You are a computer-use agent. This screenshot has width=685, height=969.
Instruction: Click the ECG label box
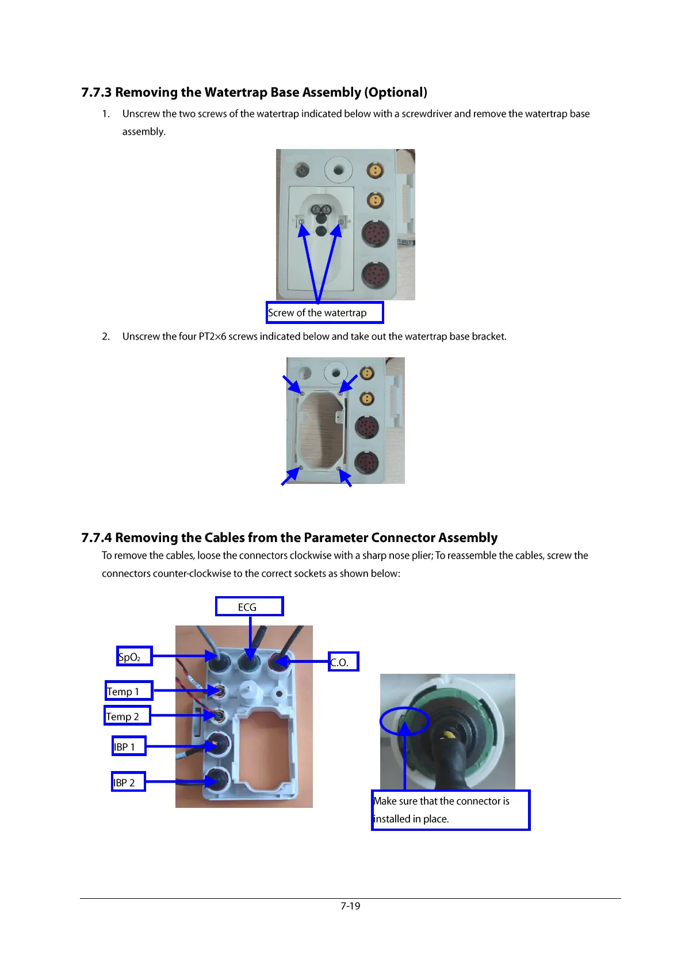pyautogui.click(x=249, y=606)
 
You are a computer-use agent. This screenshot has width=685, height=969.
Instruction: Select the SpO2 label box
pyautogui.click(x=134, y=656)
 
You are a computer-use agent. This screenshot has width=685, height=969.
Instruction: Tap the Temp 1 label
pyautogui.click(x=129, y=690)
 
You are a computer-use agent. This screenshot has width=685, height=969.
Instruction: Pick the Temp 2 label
pyautogui.click(x=127, y=715)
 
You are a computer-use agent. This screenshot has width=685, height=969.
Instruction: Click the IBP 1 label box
pyautogui.click(x=129, y=746)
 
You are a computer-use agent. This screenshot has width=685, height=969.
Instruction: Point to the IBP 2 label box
pyautogui.click(x=128, y=782)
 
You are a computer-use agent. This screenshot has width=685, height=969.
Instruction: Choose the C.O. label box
pyautogui.click(x=343, y=662)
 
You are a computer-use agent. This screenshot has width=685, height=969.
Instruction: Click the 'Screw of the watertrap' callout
pyautogui.click(x=324, y=312)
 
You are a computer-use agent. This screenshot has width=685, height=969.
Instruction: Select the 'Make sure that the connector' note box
pyautogui.click(x=450, y=810)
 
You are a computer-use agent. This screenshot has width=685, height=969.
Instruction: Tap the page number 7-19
pyautogui.click(x=350, y=906)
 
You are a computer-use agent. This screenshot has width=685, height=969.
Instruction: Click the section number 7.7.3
pyautogui.click(x=96, y=93)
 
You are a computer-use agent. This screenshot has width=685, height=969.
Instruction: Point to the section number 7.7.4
pyautogui.click(x=96, y=538)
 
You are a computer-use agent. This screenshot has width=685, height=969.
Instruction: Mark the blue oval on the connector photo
pyautogui.click(x=405, y=720)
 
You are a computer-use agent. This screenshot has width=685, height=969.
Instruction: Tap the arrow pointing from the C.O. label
pyautogui.click(x=305, y=662)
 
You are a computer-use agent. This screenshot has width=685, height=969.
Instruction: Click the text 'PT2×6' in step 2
pyautogui.click(x=212, y=337)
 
